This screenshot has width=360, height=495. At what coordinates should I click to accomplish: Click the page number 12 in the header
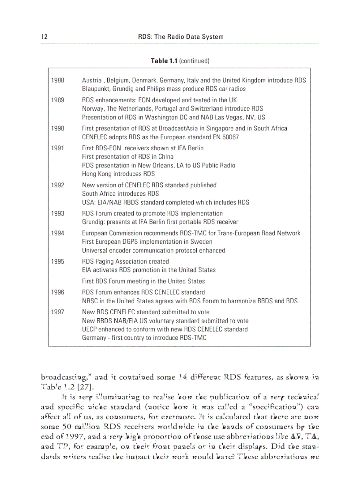click(x=44, y=37)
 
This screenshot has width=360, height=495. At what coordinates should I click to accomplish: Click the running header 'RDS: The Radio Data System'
click(x=181, y=37)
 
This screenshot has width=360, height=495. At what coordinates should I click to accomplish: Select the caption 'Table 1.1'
click(x=164, y=61)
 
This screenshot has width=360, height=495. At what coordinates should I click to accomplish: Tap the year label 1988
click(x=57, y=80)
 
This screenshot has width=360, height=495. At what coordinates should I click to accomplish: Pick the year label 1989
click(x=57, y=100)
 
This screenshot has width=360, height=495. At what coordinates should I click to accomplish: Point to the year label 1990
click(x=57, y=128)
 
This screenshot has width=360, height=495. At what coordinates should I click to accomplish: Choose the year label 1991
click(x=57, y=148)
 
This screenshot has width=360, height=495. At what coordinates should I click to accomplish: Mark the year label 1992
click(x=57, y=185)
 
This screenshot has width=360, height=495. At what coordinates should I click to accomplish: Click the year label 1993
click(x=57, y=213)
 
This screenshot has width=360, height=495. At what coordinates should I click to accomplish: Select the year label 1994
click(x=57, y=233)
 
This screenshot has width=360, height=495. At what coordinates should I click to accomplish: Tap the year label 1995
click(x=57, y=261)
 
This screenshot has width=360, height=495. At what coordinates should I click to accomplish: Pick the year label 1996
click(x=57, y=292)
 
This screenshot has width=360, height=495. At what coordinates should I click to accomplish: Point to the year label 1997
click(x=57, y=312)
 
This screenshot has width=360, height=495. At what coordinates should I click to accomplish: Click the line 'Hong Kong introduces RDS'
click(x=118, y=174)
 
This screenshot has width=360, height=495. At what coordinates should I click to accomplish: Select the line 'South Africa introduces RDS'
click(x=120, y=194)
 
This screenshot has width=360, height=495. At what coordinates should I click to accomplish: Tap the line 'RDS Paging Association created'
click(x=125, y=261)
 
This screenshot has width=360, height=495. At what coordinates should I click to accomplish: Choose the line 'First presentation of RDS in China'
click(x=128, y=156)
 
